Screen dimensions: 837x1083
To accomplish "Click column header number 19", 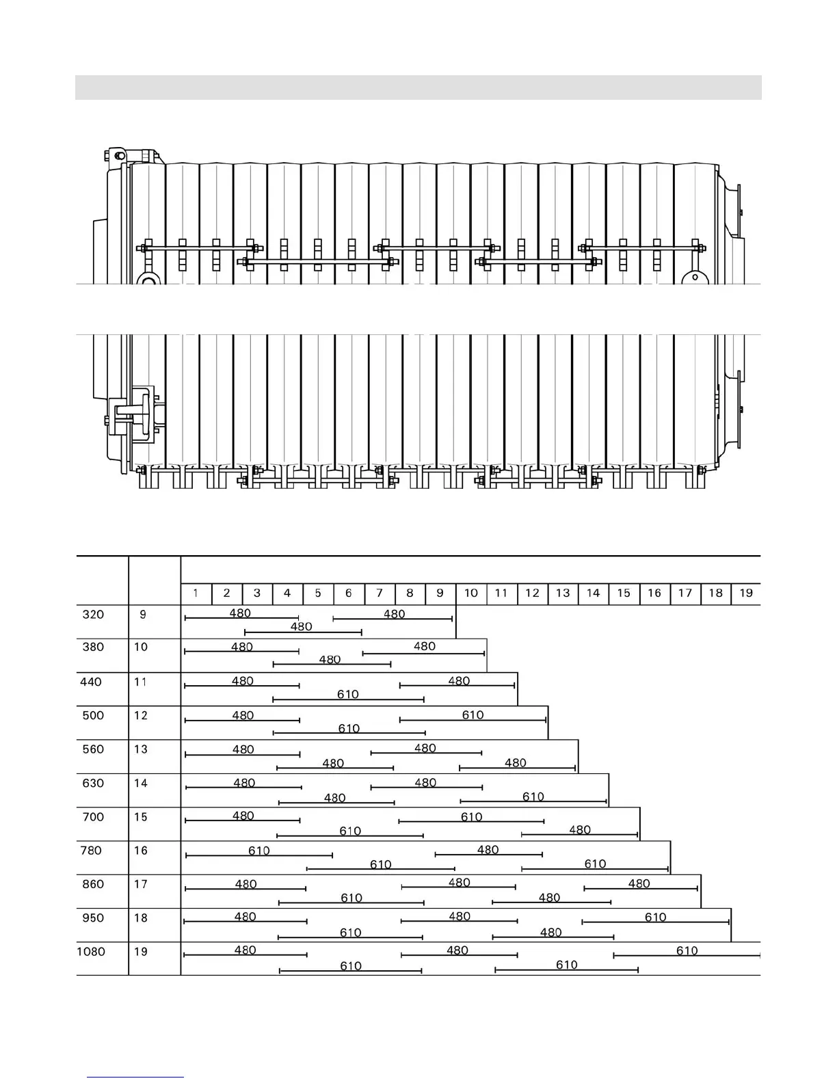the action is [746, 593].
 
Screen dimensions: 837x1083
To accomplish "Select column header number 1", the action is [196, 593].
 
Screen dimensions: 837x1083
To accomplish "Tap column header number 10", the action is [471, 593].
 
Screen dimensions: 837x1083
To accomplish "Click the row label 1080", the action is [91, 952].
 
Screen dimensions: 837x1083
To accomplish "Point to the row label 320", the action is [93, 615].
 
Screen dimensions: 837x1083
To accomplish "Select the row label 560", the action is [93, 749].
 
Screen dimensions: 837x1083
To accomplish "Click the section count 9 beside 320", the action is [142, 615].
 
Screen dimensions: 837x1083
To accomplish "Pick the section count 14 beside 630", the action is [141, 784].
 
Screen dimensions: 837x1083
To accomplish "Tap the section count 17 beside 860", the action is [141, 885].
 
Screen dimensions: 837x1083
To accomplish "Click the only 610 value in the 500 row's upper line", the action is [473, 715].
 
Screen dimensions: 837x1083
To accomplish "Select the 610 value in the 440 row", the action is [348, 695].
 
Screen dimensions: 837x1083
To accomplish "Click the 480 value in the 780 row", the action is [488, 850].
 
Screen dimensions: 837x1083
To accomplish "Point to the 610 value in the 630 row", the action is [533, 797].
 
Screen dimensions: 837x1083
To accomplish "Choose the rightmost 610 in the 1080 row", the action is [687, 951].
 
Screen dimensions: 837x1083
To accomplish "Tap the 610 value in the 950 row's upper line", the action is [656, 918].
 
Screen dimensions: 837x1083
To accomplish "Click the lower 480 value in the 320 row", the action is [302, 627].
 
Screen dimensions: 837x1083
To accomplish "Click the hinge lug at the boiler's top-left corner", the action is [119, 155].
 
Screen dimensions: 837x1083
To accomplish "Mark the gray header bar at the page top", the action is [418, 88].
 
